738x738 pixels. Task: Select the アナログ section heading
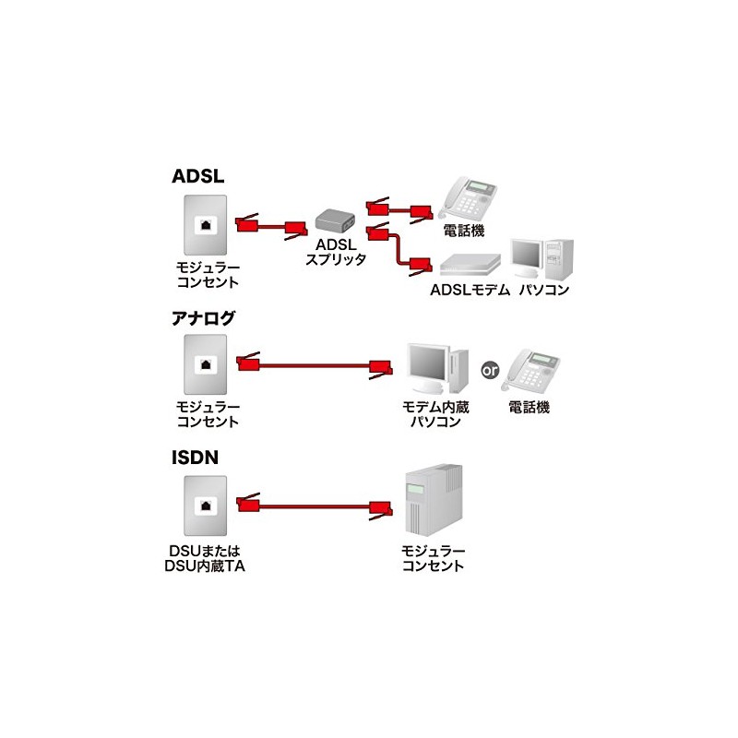click(x=204, y=319)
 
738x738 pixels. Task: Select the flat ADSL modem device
click(x=472, y=265)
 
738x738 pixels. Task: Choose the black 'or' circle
click(x=491, y=370)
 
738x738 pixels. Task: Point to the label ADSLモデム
click(x=469, y=290)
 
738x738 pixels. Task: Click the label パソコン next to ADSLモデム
click(x=543, y=290)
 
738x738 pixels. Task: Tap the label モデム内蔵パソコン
click(x=434, y=414)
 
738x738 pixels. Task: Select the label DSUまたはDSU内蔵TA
click(x=208, y=557)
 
